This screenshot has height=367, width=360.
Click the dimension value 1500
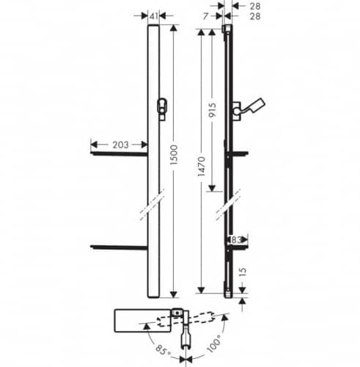(175, 155)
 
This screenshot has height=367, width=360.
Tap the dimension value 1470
(202, 167)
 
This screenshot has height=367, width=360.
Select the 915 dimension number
(213, 110)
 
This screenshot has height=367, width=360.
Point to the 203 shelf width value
(120, 145)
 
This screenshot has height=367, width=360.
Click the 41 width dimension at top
(153, 16)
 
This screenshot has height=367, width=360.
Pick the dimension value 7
(206, 16)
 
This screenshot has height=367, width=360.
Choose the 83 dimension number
(236, 240)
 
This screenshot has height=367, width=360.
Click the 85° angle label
(164, 351)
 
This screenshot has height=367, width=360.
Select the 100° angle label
(214, 344)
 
